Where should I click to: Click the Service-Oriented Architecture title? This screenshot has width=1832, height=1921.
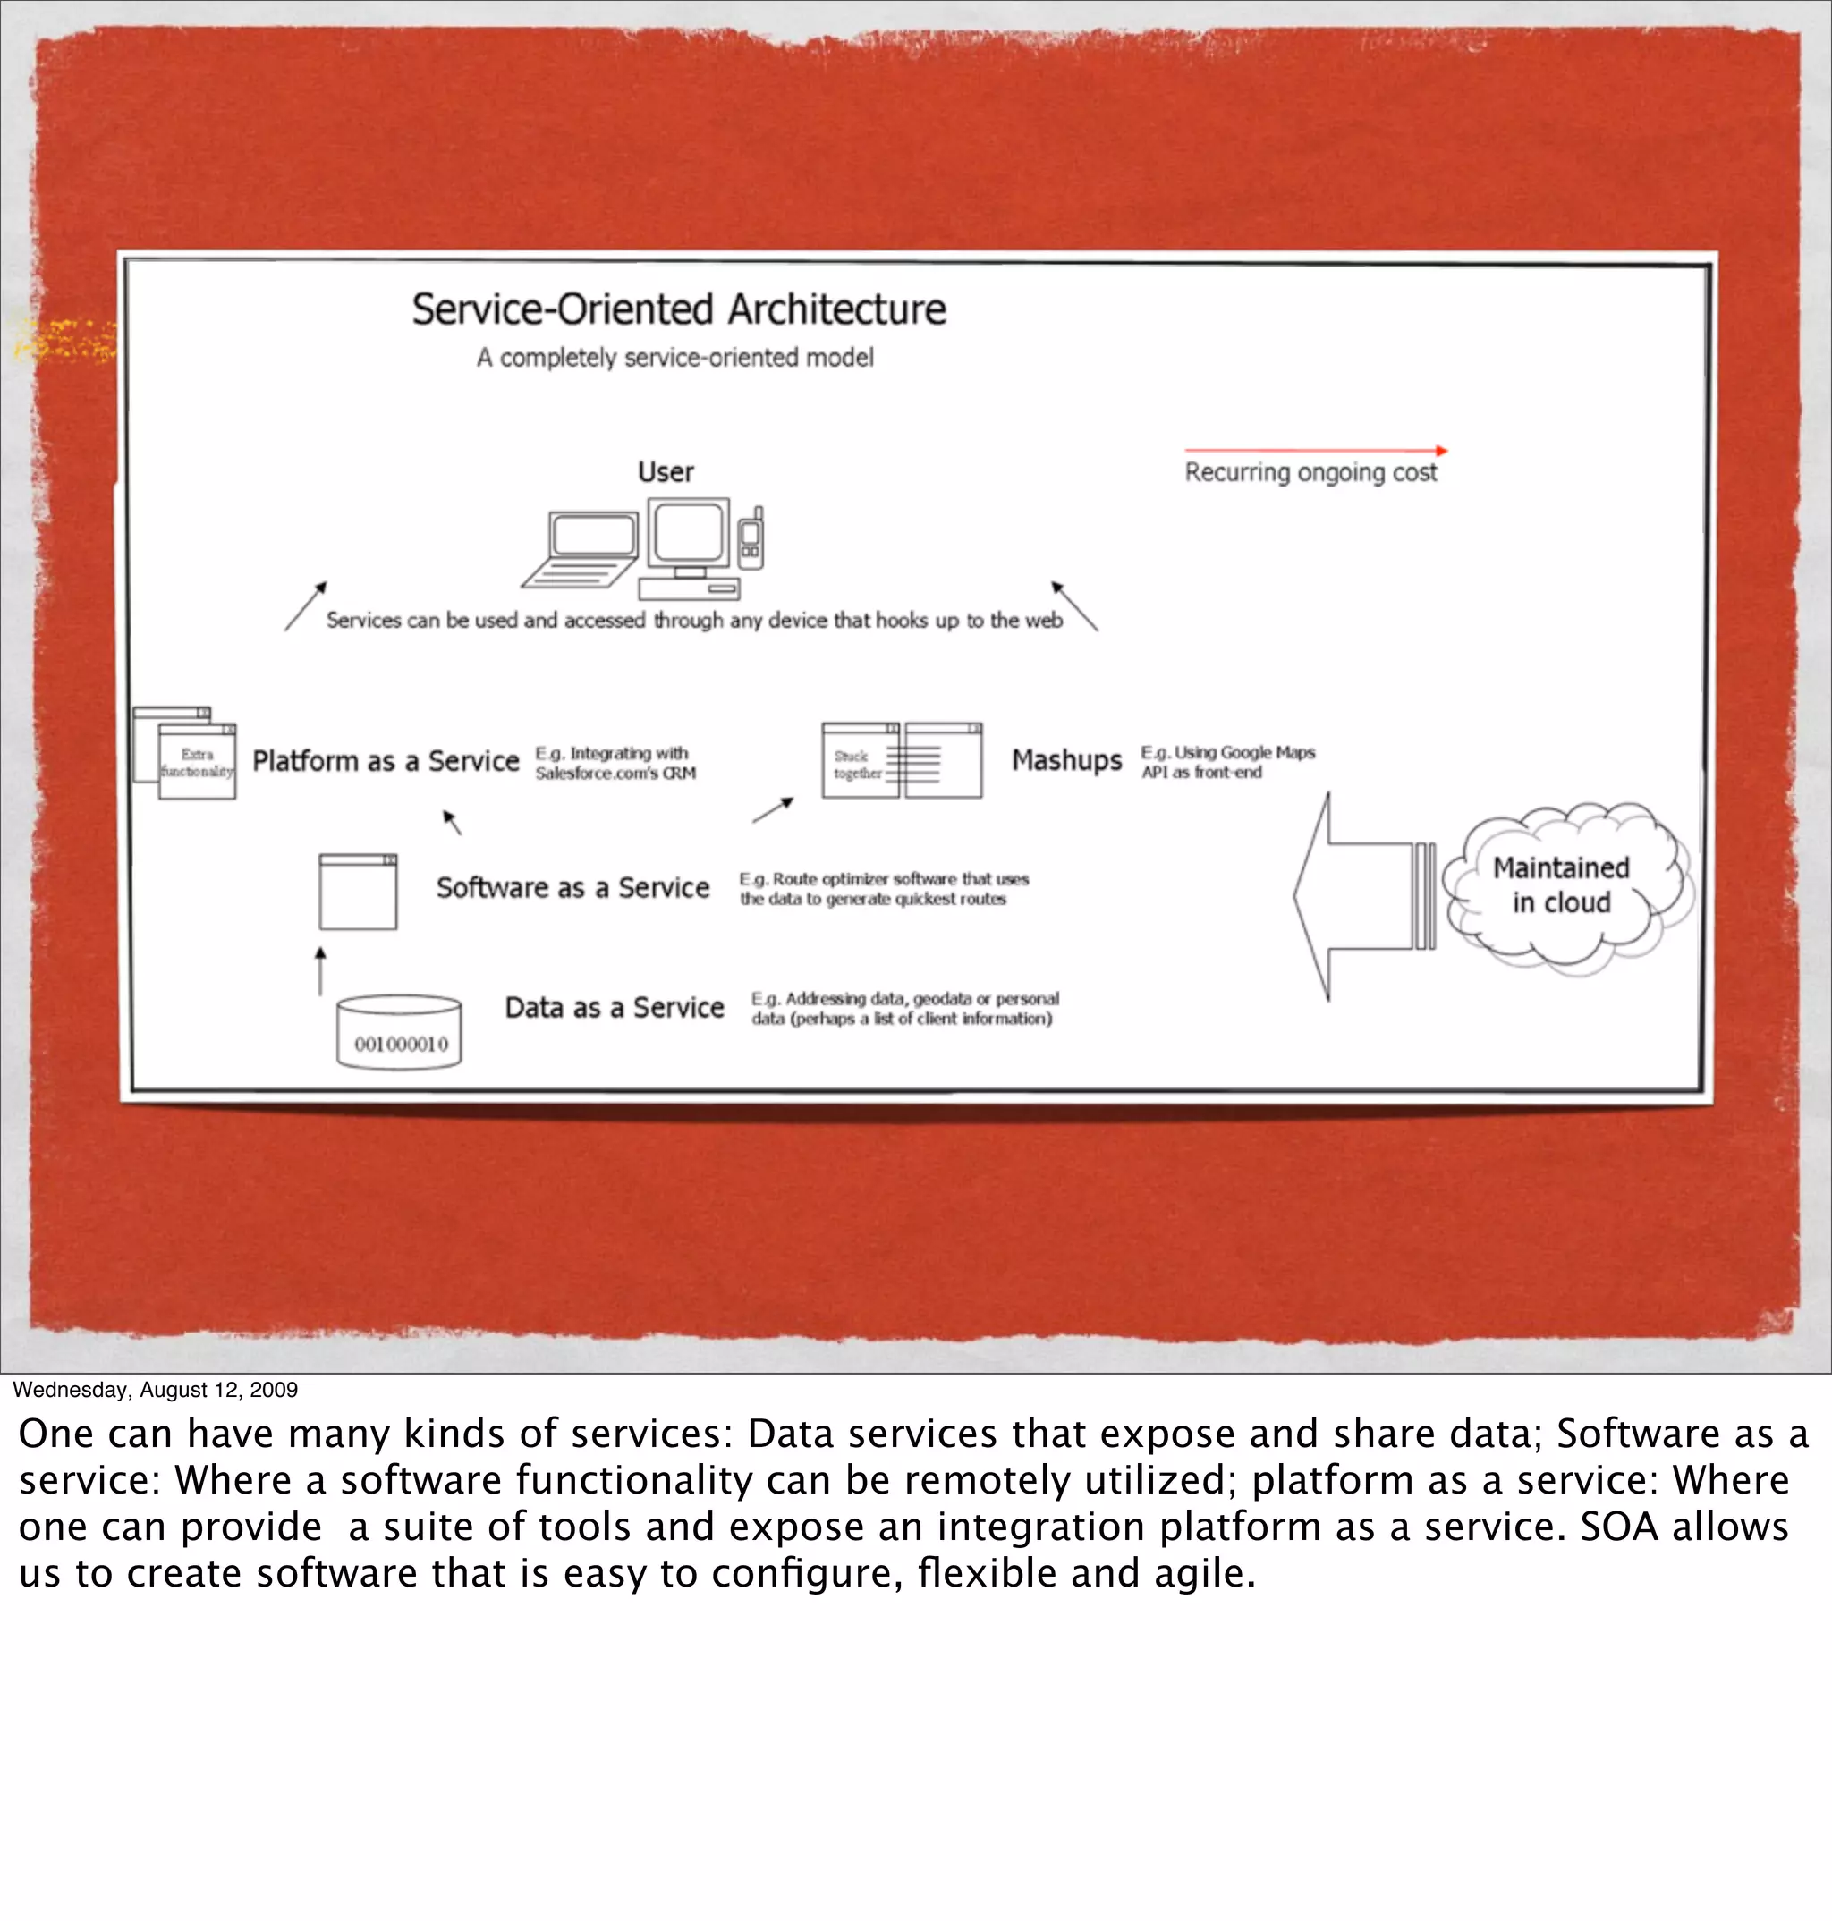[x=679, y=309]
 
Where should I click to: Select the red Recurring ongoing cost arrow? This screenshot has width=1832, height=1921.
[x=1314, y=451]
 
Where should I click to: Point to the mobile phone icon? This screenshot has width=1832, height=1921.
[x=751, y=538]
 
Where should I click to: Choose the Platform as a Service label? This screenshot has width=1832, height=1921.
[x=386, y=761]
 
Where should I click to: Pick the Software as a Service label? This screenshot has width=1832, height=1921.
[x=572, y=888]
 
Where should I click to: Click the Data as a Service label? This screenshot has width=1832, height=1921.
[x=615, y=1007]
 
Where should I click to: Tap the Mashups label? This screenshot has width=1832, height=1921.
[x=1066, y=760]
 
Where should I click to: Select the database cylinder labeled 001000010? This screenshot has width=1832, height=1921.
[x=398, y=1033]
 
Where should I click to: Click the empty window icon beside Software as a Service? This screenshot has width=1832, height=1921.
[x=358, y=893]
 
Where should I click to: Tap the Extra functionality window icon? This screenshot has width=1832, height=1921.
[x=190, y=755]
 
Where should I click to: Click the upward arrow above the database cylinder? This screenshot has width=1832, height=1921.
[x=320, y=970]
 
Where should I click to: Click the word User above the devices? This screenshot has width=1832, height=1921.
[x=666, y=472]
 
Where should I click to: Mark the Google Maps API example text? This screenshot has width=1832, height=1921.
[x=1227, y=762]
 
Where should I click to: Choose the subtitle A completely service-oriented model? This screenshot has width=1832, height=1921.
[x=674, y=359]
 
